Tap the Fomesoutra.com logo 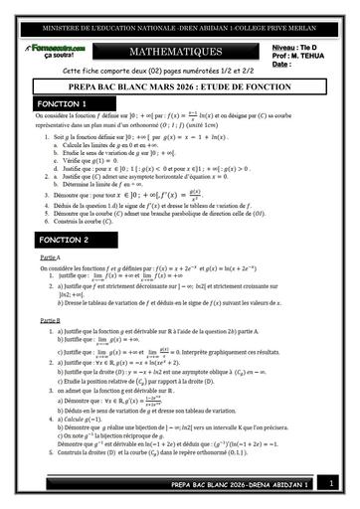[59, 45]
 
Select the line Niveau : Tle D [291, 46]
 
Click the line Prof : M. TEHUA [293, 55]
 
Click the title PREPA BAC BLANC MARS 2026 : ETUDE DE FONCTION [180, 86]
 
